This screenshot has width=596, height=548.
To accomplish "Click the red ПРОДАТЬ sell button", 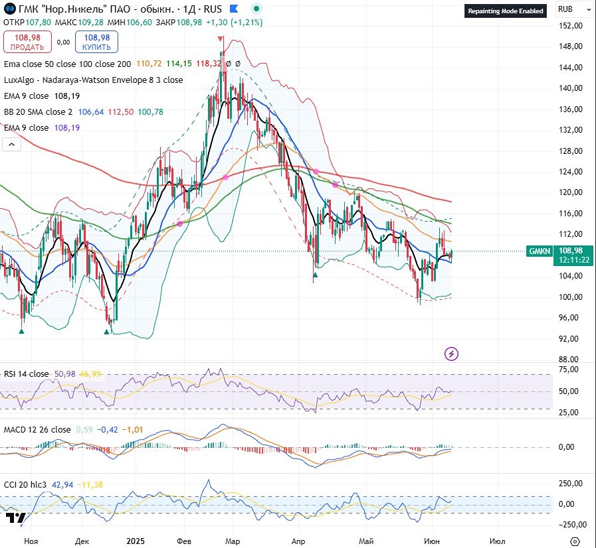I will (27, 42).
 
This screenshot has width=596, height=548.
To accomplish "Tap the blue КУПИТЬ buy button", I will (96, 42).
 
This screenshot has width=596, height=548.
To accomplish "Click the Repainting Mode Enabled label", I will (506, 11).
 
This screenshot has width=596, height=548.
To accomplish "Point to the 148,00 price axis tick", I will (571, 46).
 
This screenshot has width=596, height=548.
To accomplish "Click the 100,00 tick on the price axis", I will (571, 297).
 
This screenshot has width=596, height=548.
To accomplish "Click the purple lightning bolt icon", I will (452, 354).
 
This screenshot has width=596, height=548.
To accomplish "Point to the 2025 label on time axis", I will (136, 541).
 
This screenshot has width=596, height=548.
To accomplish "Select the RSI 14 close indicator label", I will (27, 374).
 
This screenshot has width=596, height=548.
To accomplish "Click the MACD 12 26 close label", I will (37, 430).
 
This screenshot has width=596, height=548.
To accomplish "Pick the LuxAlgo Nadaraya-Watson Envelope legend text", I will (93, 80).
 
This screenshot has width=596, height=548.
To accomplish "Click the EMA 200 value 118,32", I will (210, 64).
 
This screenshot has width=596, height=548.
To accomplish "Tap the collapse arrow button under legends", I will (11, 143).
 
